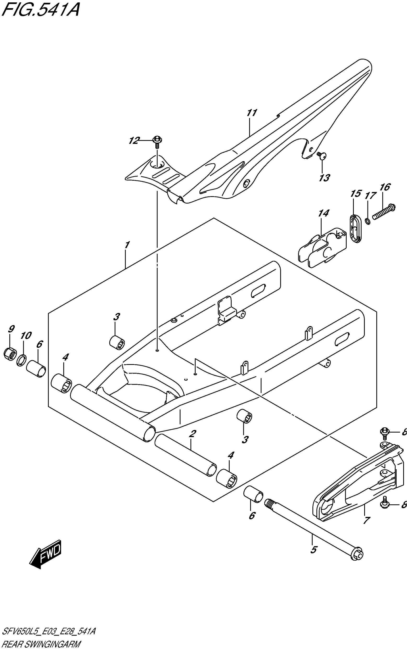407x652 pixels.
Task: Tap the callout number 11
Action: point(252,113)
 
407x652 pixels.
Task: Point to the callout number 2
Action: point(192,434)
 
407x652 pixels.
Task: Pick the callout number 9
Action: point(11,329)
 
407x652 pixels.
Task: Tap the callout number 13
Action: point(324,178)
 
